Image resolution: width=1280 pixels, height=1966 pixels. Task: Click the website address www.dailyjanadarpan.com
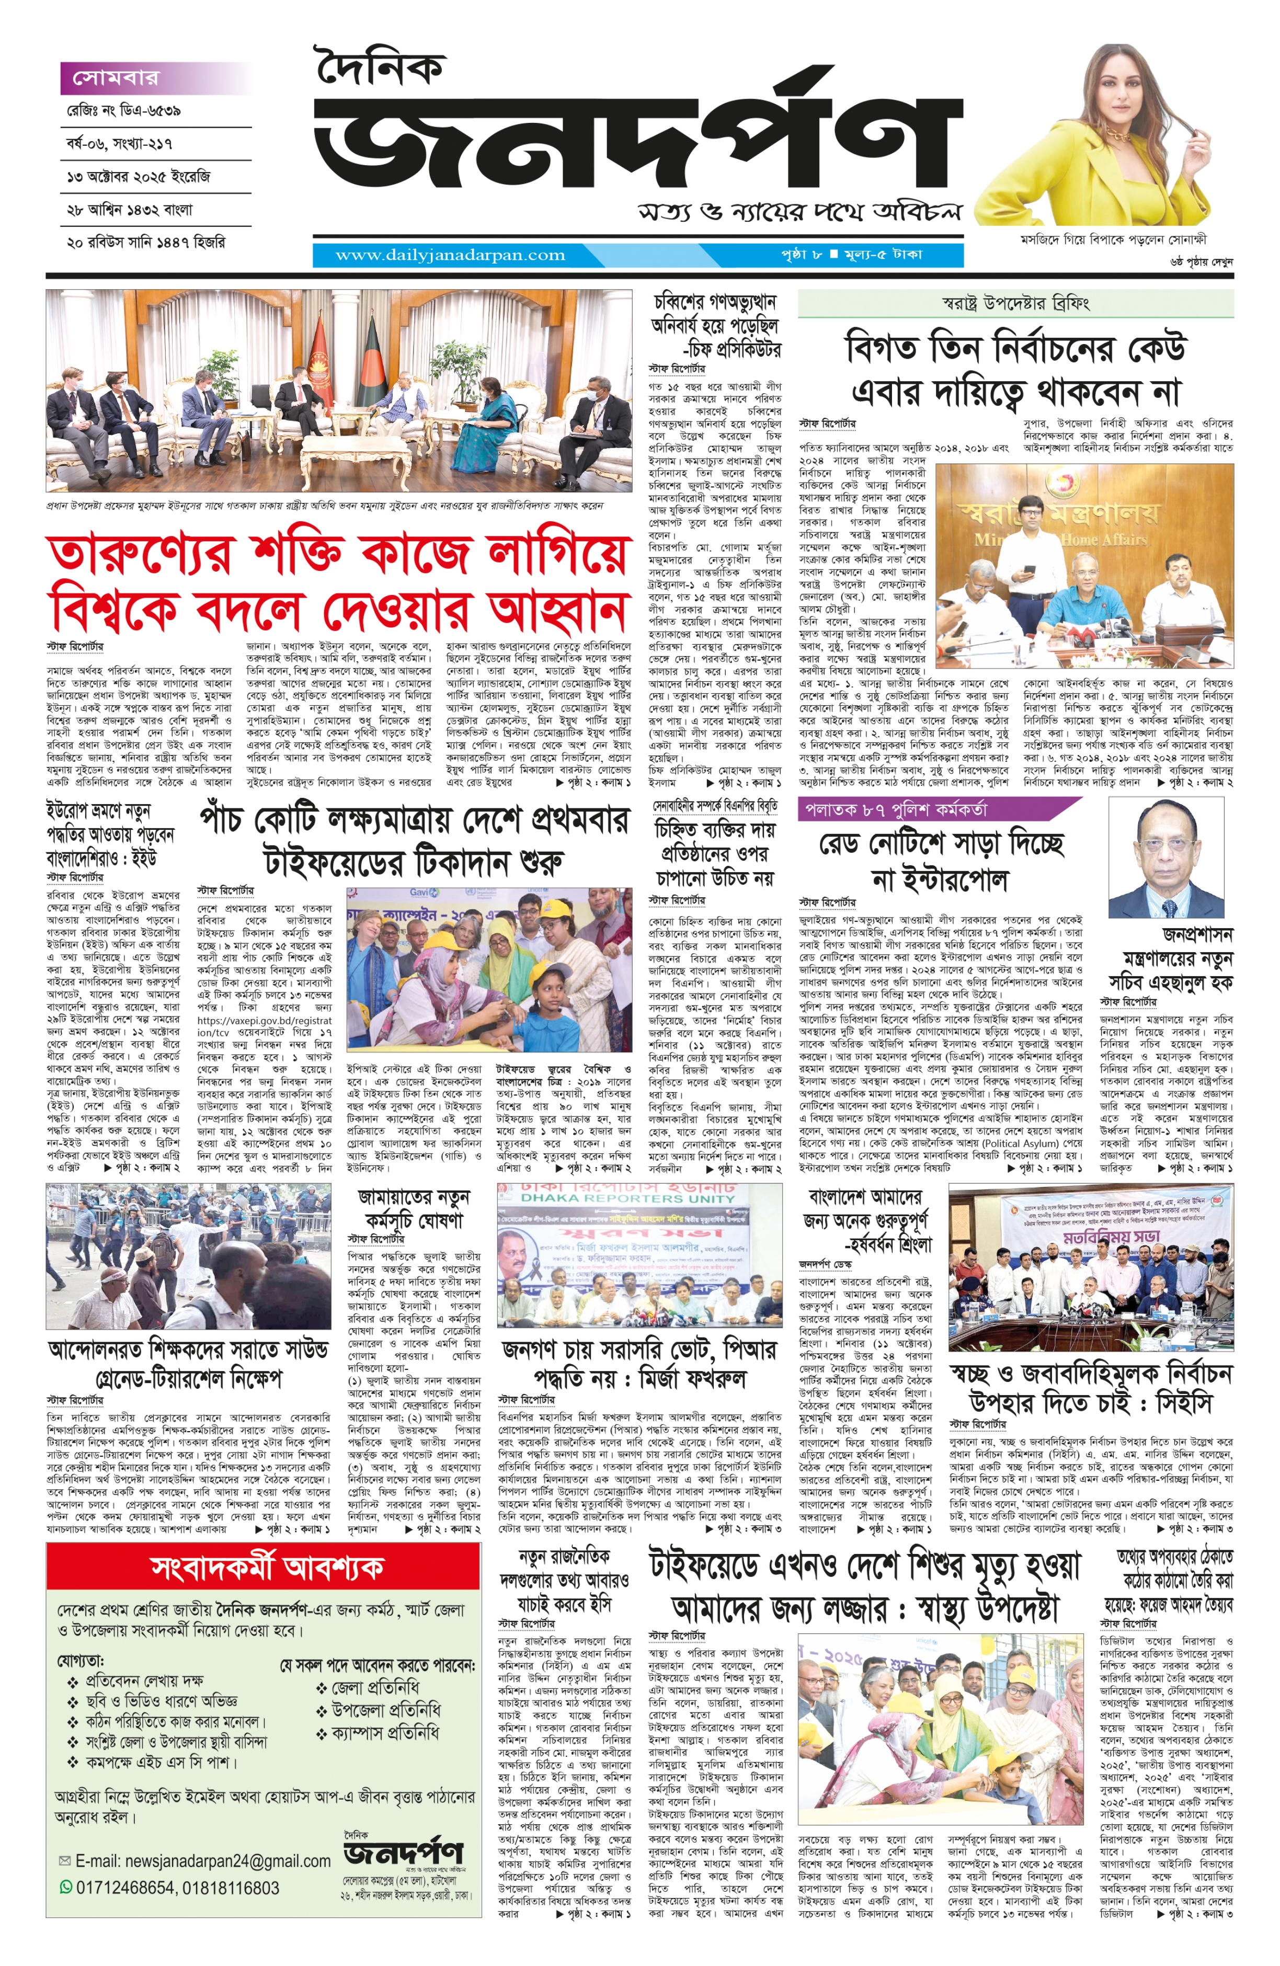click(x=450, y=255)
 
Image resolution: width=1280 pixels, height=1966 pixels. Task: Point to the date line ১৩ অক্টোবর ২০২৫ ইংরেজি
click(x=139, y=177)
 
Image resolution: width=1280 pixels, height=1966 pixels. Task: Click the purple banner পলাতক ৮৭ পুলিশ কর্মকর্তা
click(x=893, y=809)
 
